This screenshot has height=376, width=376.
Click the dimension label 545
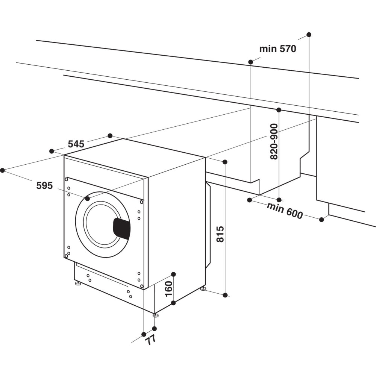[x=76, y=144]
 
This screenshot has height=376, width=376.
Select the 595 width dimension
[x=44, y=185]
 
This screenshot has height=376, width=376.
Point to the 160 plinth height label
[x=169, y=288]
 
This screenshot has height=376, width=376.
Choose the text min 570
[x=277, y=49]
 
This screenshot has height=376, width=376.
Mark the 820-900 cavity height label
[x=274, y=141]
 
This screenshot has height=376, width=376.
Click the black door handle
[x=122, y=228]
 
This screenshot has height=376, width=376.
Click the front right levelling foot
[x=155, y=315]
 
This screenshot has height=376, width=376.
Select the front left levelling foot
[x=78, y=283]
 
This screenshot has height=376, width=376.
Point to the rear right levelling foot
[x=203, y=288]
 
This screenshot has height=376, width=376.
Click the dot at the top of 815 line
[x=225, y=162]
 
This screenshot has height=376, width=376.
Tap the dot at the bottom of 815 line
[x=225, y=295]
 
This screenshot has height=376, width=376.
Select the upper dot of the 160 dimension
[x=173, y=274]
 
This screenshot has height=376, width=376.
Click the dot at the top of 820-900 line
[x=279, y=110]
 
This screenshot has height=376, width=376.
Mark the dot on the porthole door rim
[x=88, y=198]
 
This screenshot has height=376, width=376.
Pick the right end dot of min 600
[x=321, y=220]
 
